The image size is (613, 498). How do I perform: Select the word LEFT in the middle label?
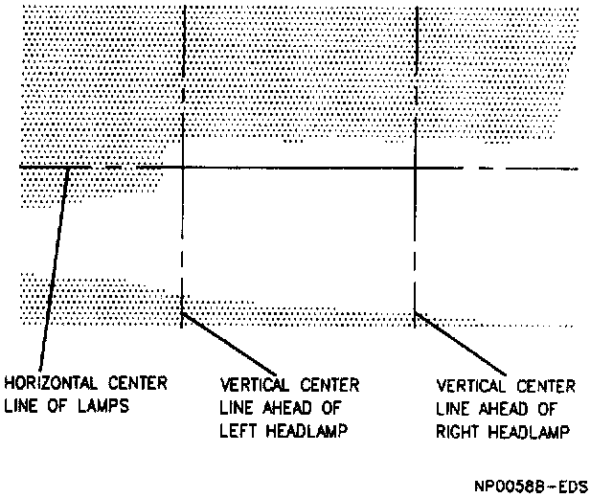pos(239,431)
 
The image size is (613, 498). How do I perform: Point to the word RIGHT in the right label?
pos(458,432)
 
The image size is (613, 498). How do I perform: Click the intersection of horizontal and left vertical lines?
pos(182,168)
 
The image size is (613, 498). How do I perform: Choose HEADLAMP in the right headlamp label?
pos(533,432)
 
